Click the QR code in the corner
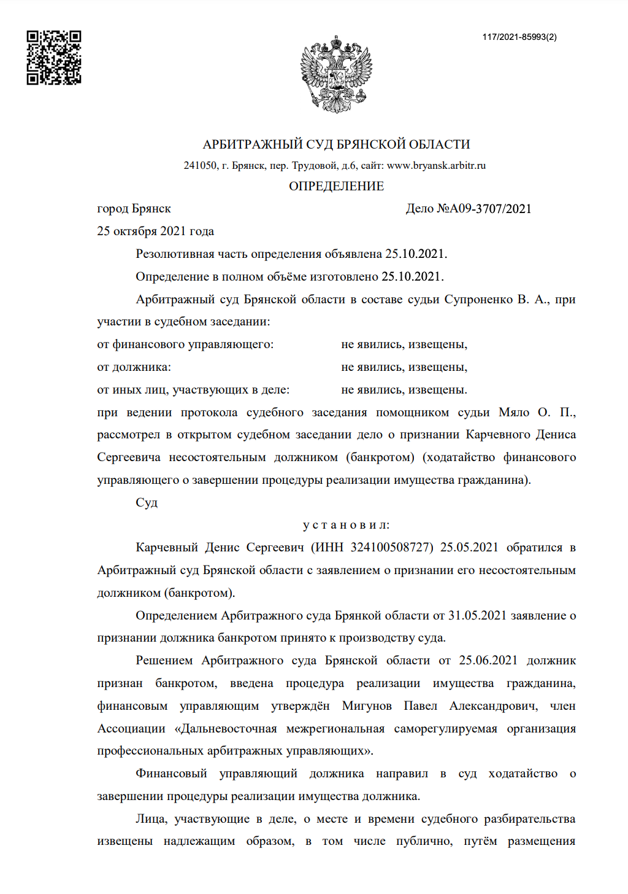pyautogui.click(x=53, y=57)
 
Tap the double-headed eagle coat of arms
pyautogui.click(x=336, y=73)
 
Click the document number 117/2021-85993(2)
pyautogui.click(x=519, y=37)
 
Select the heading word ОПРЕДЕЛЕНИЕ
pyautogui.click(x=336, y=186)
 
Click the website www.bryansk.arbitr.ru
pyautogui.click(x=436, y=165)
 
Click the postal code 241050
pyautogui.click(x=200, y=165)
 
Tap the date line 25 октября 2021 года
pyautogui.click(x=155, y=231)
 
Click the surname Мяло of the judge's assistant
pyautogui.click(x=514, y=413)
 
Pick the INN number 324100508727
pyautogui.click(x=392, y=548)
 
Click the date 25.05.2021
pyautogui.click(x=469, y=548)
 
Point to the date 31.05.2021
pyautogui.click(x=477, y=616)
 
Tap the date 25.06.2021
pyautogui.click(x=488, y=661)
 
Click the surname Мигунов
pyautogui.click(x=367, y=706)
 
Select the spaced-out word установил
pyautogui.click(x=347, y=526)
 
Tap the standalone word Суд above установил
pyautogui.click(x=147, y=503)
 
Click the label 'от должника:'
pyautogui.click(x=134, y=367)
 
